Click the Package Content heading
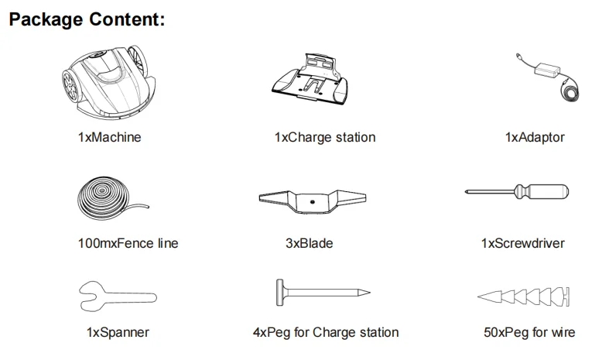click(x=86, y=19)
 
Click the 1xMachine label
click(x=109, y=138)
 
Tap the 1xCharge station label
click(x=325, y=138)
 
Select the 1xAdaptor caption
click(x=535, y=138)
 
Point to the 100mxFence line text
click(x=128, y=243)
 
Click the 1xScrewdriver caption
click(x=522, y=243)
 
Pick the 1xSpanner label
click(x=118, y=333)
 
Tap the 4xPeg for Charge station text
click(x=326, y=333)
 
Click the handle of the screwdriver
click(x=546, y=191)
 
